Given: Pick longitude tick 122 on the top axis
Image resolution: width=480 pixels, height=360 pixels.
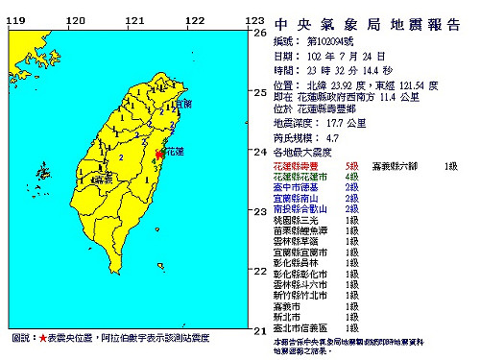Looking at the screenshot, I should tap(194, 20).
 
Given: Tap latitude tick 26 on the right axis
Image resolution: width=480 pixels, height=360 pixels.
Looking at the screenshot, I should tap(257, 33).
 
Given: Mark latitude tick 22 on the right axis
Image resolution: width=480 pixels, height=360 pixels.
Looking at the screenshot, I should tap(257, 272).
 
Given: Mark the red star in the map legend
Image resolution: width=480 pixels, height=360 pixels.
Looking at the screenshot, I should tap(43, 340).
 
